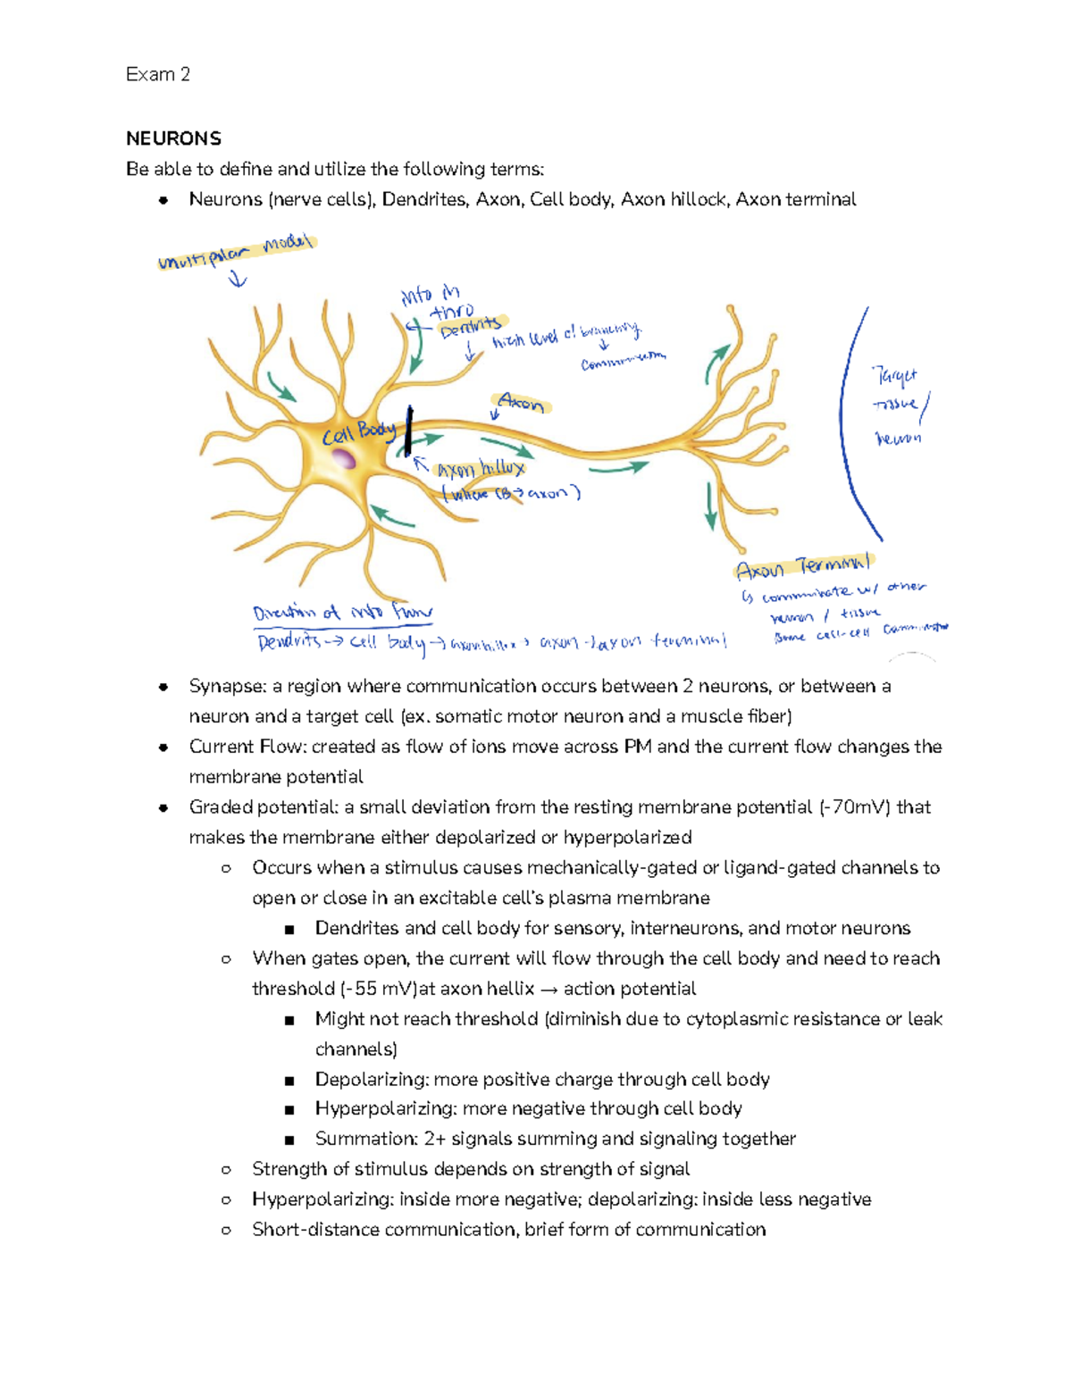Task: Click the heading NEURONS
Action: [173, 138]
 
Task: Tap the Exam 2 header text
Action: [157, 74]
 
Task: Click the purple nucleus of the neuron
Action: [343, 459]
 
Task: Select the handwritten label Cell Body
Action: [358, 433]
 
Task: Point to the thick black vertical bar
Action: [408, 430]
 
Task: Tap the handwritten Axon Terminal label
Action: [802, 566]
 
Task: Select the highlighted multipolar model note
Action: [236, 252]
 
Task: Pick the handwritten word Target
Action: [894, 377]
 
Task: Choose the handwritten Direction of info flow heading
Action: [342, 614]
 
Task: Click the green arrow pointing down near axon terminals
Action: [711, 506]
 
